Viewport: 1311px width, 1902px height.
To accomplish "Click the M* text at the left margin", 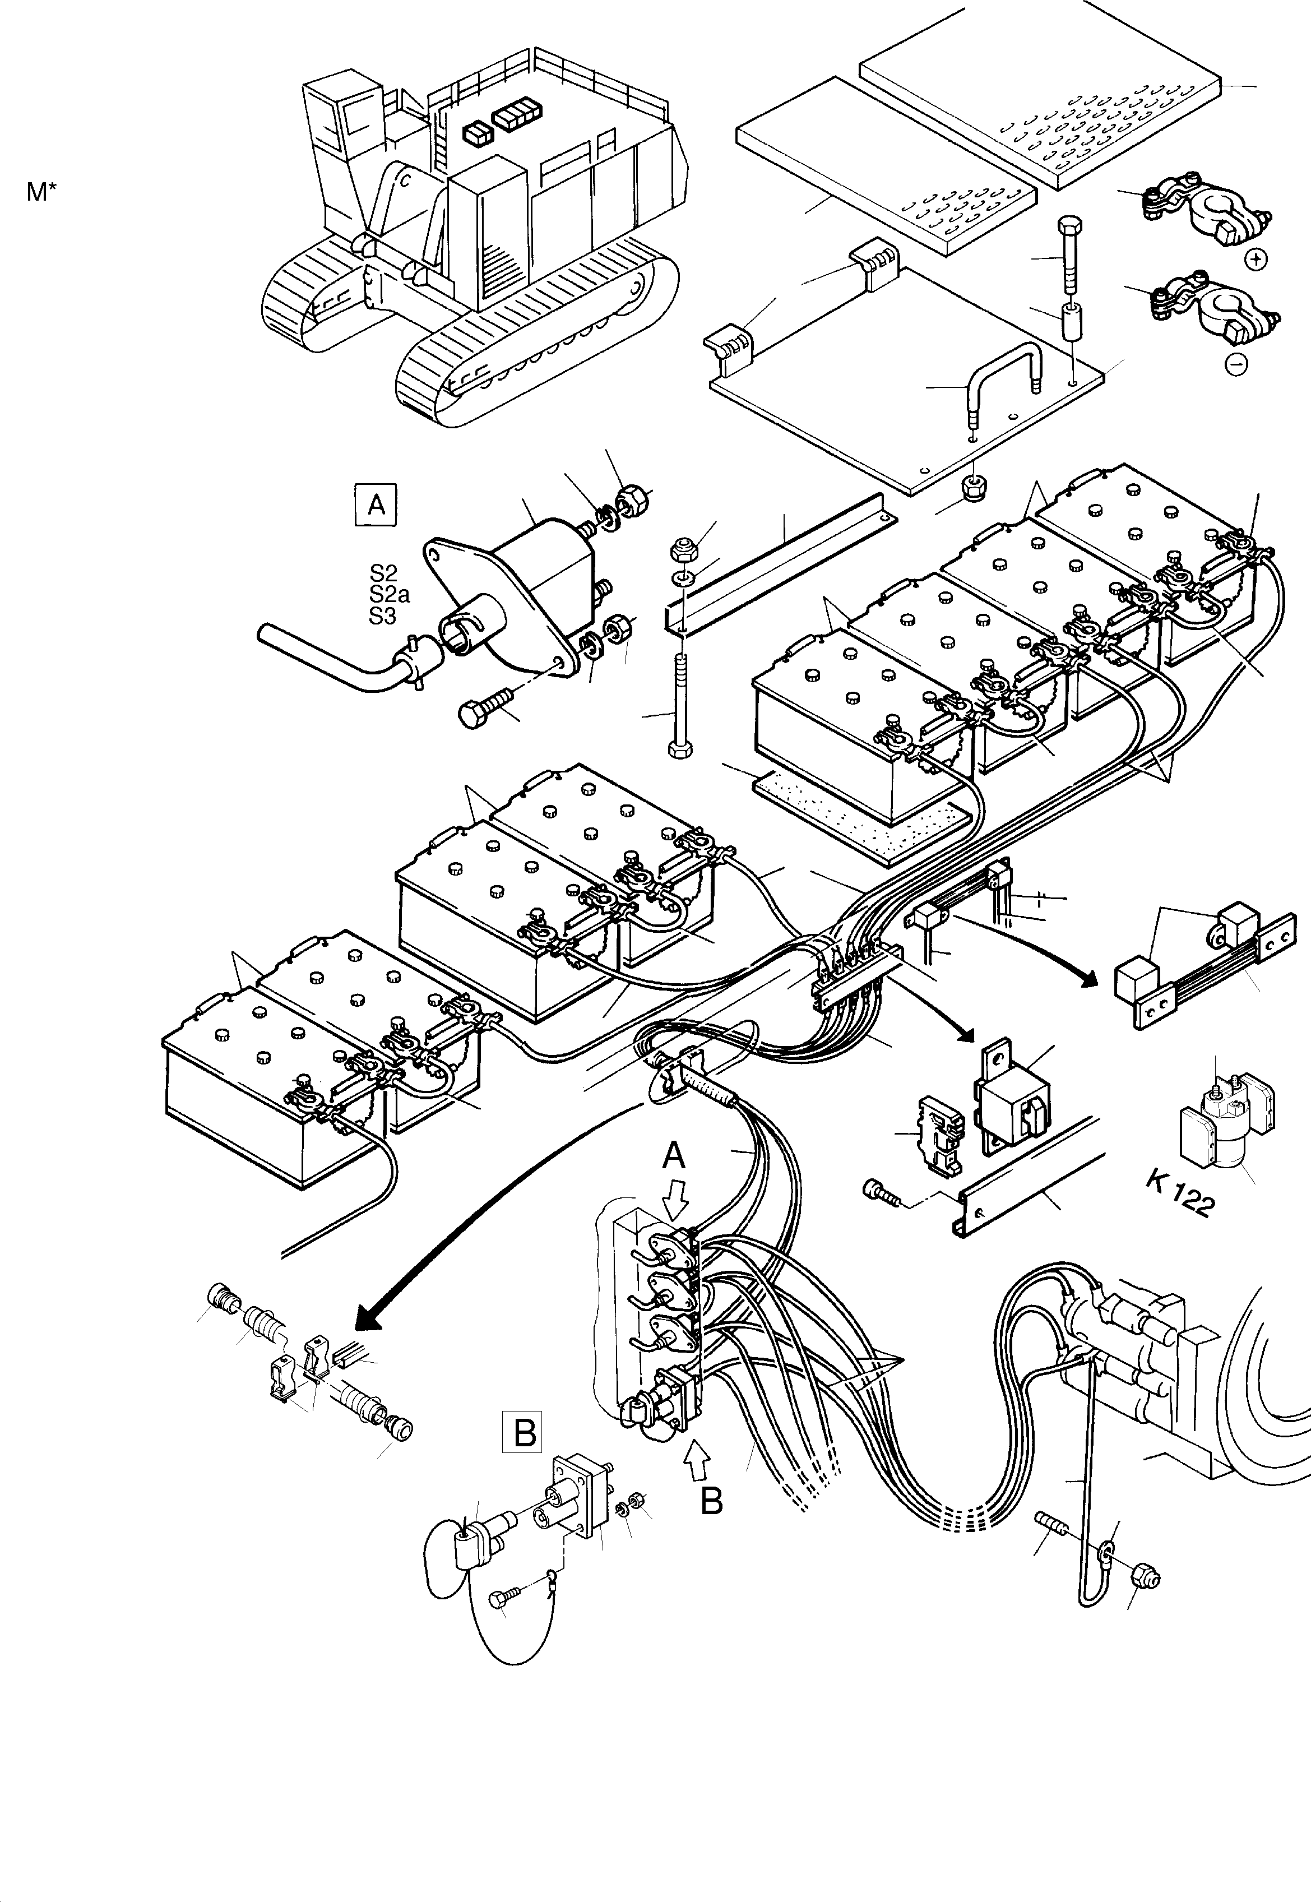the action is click(x=42, y=192).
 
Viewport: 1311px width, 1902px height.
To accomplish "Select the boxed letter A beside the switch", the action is click(x=376, y=505).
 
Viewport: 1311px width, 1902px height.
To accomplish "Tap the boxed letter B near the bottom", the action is click(x=525, y=1433).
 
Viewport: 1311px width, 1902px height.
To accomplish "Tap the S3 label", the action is click(x=383, y=616).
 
